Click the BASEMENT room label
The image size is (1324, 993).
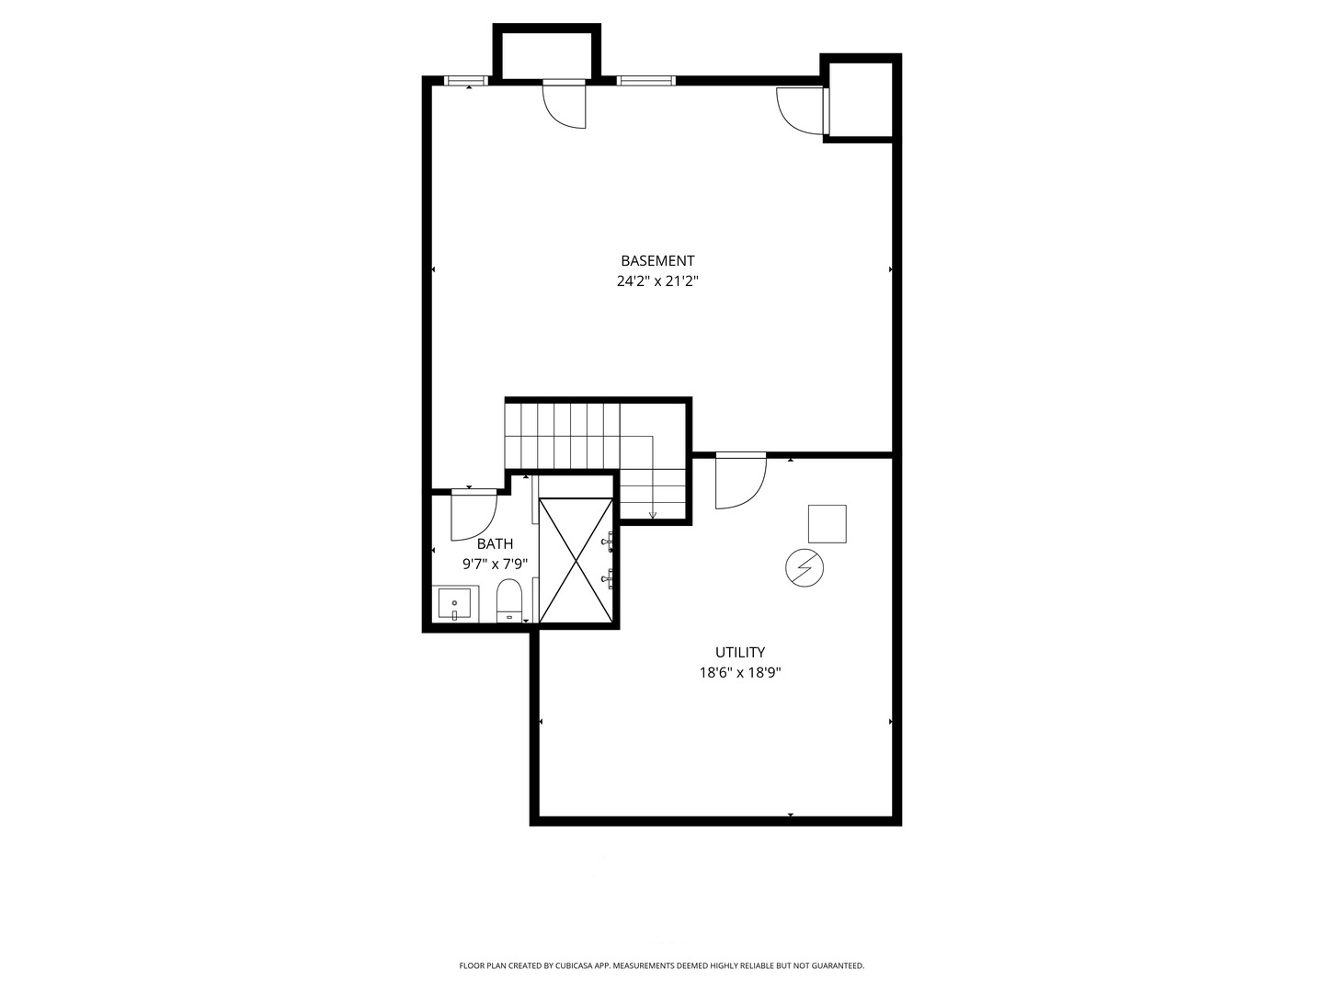(657, 261)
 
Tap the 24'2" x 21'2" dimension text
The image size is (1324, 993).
(657, 282)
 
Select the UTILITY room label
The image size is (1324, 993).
(740, 653)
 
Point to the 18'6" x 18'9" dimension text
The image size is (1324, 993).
(740, 673)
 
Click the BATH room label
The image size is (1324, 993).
(495, 544)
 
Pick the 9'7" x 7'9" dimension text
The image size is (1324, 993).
(495, 564)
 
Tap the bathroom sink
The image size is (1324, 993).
(454, 605)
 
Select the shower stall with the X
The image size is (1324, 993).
(576, 561)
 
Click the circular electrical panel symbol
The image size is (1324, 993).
(805, 569)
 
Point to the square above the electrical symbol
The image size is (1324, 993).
(827, 524)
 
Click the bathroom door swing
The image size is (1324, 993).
(474, 517)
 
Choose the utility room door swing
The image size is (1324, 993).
(740, 481)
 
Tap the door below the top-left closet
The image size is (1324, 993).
(564, 104)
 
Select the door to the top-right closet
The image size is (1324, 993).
(802, 111)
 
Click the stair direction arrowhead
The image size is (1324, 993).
(653, 515)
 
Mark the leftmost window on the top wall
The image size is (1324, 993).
(466, 81)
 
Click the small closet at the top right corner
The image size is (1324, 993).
(861, 99)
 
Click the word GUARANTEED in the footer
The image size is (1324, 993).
(837, 966)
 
